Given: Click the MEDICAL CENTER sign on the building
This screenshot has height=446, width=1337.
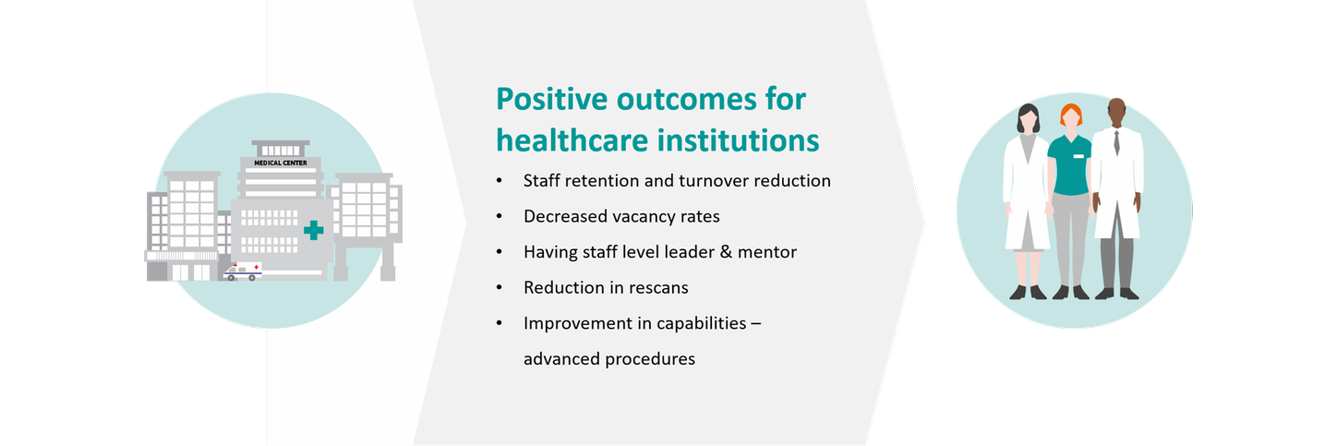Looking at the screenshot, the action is [281, 163].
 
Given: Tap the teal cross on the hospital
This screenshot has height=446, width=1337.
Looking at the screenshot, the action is [313, 230].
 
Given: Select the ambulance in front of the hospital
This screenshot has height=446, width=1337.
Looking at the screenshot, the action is [243, 271].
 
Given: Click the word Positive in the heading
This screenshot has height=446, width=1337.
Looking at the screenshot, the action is [551, 99].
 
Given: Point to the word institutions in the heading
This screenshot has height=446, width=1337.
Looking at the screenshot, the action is [738, 140].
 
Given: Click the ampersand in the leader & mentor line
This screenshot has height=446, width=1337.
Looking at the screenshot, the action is [725, 251].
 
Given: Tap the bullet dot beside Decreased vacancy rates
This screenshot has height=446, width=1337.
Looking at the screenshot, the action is [499, 215].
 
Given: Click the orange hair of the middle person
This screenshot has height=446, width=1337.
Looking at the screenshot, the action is [1071, 113].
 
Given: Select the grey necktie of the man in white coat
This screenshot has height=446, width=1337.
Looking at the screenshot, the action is [1116, 143].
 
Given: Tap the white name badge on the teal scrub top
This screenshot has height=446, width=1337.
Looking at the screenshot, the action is [1078, 156].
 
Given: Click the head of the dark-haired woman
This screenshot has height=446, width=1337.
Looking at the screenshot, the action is [1029, 118].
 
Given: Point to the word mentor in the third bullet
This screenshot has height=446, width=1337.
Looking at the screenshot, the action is [767, 252].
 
